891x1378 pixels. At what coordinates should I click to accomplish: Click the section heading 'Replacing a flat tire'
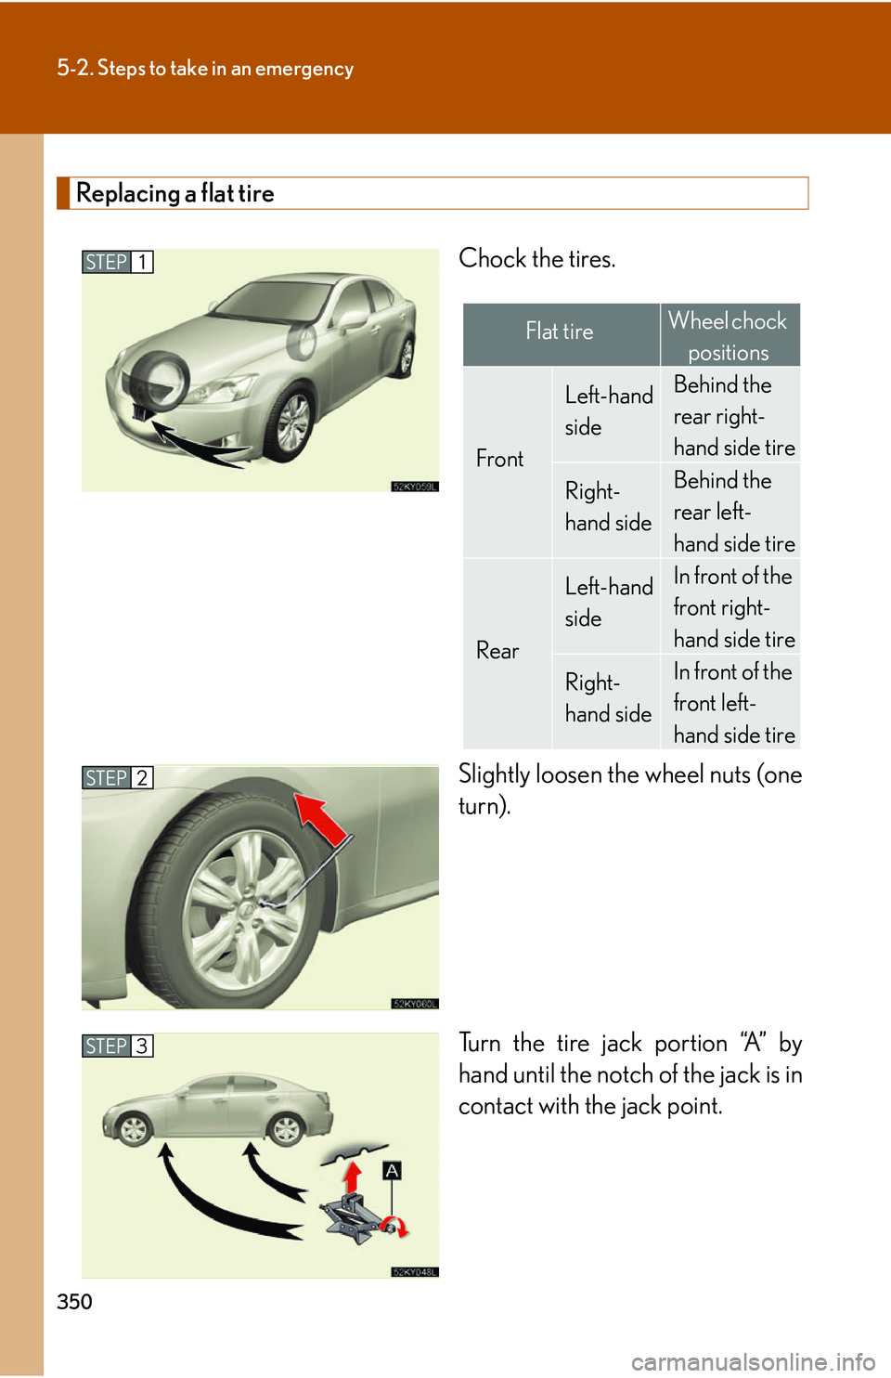point(175,193)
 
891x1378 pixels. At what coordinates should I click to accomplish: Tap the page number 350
point(74,1301)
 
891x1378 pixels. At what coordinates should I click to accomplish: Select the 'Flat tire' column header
point(560,331)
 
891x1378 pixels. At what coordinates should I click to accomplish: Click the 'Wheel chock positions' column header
point(729,336)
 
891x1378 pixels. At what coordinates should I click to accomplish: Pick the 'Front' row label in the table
point(500,459)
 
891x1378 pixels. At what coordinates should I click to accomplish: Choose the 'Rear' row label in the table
point(497,651)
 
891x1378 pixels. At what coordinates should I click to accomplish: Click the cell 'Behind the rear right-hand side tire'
point(733,416)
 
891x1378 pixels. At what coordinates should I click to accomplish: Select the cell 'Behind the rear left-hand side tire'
point(733,512)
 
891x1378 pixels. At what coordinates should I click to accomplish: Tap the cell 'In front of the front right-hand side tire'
point(733,607)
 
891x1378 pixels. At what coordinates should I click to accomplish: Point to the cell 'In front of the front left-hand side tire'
point(733,703)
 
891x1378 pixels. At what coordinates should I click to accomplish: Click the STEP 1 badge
point(117,262)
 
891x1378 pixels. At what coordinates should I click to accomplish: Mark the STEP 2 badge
point(117,777)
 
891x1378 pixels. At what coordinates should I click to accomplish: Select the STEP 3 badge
point(117,1046)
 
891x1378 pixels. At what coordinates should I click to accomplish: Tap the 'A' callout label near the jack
point(393,1170)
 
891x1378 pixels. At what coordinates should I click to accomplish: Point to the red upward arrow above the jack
point(352,1177)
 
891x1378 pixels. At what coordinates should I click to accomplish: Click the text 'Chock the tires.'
point(536,258)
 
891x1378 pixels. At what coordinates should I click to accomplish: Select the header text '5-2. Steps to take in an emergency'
point(205,69)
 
